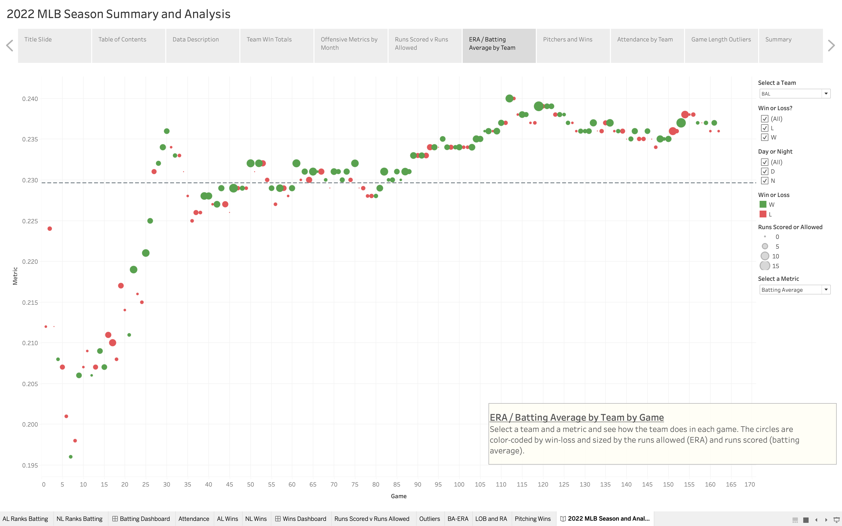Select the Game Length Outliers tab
pos(721,45)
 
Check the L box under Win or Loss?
pos(764,128)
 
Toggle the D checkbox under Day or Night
pos(764,172)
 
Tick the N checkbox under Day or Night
pos(764,181)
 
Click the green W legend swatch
pos(763,205)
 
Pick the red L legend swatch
pos(763,214)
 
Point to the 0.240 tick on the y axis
pos(30,99)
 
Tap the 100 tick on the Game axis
pos(459,484)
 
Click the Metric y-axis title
pos(15,276)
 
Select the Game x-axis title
pos(398,496)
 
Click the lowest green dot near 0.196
pos(71,457)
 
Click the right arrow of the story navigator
pos(831,46)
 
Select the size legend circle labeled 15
pos(765,266)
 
